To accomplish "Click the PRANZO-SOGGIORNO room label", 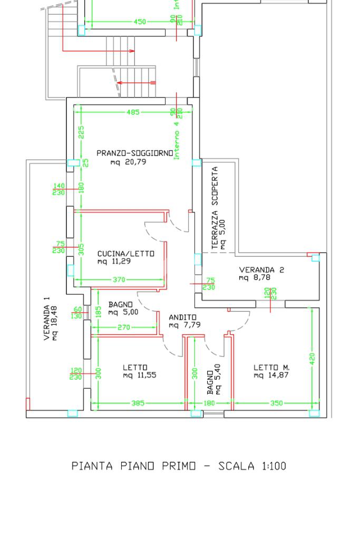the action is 134,153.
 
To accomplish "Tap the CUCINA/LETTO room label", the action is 126,254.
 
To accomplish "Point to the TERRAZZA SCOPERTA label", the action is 215,208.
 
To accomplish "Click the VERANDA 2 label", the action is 261,269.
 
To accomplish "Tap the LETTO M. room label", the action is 271,368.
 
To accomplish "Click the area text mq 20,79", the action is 128,162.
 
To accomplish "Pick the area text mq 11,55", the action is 139,375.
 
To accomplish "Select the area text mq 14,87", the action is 271,375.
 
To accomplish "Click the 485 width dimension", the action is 133,112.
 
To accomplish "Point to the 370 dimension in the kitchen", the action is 119,280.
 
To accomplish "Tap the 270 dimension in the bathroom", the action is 124,327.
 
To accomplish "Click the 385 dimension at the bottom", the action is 138,403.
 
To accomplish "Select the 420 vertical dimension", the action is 312,359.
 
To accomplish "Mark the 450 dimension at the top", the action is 140,22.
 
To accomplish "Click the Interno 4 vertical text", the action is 177,137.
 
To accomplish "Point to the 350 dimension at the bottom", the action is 276,403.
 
